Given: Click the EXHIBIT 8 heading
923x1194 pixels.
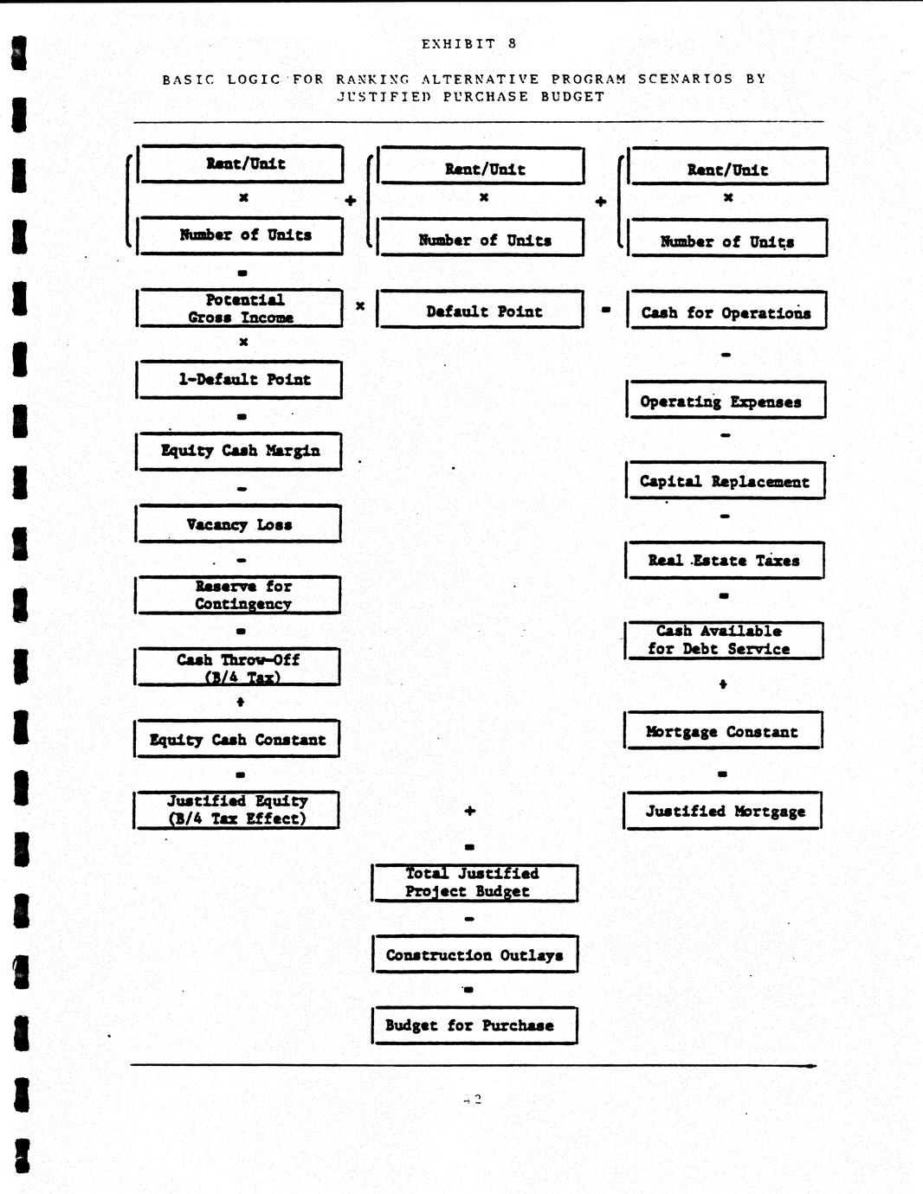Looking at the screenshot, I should pyautogui.click(x=469, y=44).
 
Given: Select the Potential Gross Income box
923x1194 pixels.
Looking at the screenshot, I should pyautogui.click(x=240, y=308).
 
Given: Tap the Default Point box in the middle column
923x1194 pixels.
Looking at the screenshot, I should pyautogui.click(x=481, y=311).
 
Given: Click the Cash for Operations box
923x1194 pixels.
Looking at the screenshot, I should pyautogui.click(x=726, y=311).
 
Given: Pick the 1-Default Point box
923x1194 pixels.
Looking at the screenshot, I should pyautogui.click(x=240, y=379).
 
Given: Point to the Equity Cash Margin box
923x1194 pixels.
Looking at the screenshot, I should pyautogui.click(x=239, y=451).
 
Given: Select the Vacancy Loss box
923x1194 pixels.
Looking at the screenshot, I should pyautogui.click(x=239, y=523).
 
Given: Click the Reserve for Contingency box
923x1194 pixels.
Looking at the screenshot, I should pyautogui.click(x=238, y=595).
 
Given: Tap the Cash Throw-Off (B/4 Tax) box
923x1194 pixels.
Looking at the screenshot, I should pyautogui.click(x=238, y=667).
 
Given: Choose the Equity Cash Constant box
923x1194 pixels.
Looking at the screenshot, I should pyautogui.click(x=237, y=739).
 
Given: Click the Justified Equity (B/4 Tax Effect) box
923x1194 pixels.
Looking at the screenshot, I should pyautogui.click(x=236, y=810).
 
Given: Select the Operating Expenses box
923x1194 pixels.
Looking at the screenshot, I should pyautogui.click(x=726, y=401).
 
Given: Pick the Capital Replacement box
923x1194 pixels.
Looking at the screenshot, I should pyautogui.click(x=725, y=481).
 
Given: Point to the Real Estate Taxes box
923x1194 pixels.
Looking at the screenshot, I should pyautogui.click(x=724, y=560).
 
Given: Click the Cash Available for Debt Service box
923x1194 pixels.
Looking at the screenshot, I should pyautogui.click(x=724, y=640).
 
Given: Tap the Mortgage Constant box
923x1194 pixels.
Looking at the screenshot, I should pyautogui.click(x=723, y=731).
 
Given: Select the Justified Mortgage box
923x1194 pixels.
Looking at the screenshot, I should pyautogui.click(x=723, y=811).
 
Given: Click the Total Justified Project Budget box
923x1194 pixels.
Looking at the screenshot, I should pyautogui.click(x=474, y=883).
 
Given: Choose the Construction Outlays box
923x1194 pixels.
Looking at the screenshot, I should pyautogui.click(x=474, y=954).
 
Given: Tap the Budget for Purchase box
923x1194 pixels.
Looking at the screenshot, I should pyautogui.click(x=474, y=1025).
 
